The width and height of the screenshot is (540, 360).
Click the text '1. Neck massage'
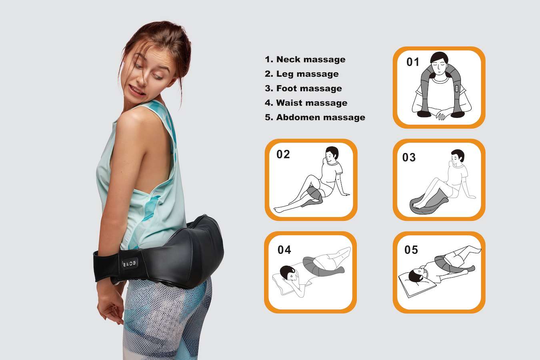click(305, 60)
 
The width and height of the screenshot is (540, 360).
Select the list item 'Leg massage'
click(302, 74)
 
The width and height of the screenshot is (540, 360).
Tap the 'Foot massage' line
click(303, 88)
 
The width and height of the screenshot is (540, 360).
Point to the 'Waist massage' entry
click(306, 103)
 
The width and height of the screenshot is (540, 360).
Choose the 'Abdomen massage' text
click(315, 117)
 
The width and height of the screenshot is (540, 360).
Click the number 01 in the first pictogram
click(413, 62)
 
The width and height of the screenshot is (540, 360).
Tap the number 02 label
click(283, 154)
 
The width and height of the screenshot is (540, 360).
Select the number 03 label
click(409, 158)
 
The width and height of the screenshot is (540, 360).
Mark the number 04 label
click(284, 250)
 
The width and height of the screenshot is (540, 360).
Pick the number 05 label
click(411, 250)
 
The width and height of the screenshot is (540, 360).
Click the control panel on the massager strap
click(129, 264)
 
